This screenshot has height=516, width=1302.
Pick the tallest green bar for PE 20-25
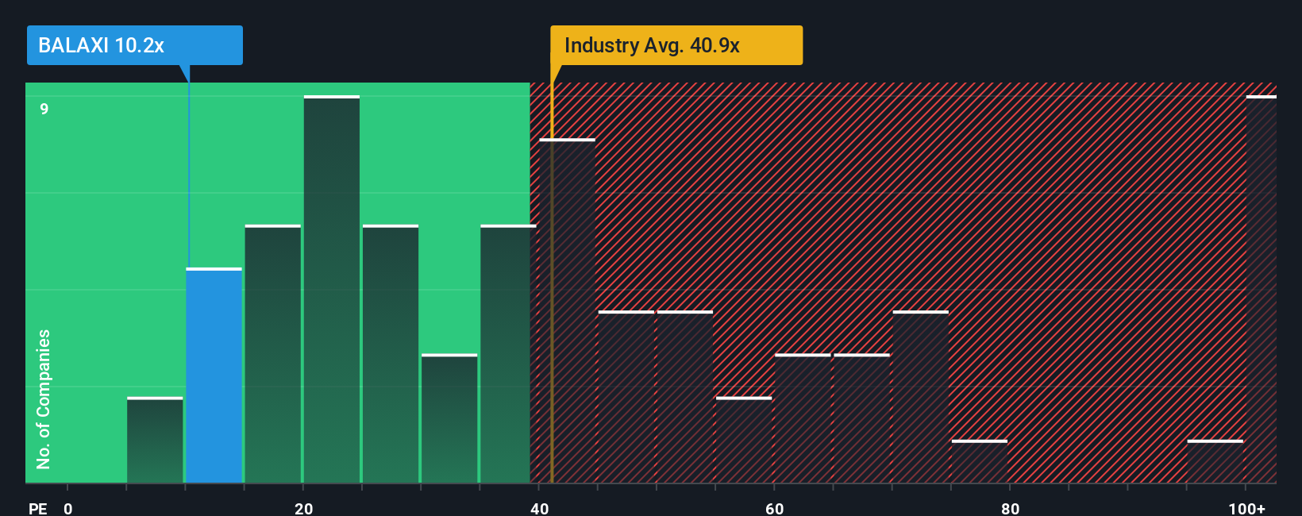pos(331,290)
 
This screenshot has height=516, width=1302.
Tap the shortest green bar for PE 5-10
pos(155,440)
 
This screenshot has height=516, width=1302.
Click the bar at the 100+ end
pos(1261,290)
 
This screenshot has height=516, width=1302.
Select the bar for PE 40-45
pos(567,311)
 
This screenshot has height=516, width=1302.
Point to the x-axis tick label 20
pos(303,508)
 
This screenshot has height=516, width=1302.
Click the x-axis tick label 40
pos(539,508)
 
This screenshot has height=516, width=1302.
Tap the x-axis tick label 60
pos(774,508)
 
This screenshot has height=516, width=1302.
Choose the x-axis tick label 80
pos(1010,508)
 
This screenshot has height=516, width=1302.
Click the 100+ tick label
pos(1246,508)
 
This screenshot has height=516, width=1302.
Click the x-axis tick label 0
pos(68,508)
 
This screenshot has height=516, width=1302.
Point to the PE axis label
pos(37,508)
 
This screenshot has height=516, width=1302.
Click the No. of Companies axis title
pos(44,399)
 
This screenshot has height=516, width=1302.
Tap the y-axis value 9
pos(44,109)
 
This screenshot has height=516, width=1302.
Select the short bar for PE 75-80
pos(979,461)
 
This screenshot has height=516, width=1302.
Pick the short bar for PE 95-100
pos(1215,461)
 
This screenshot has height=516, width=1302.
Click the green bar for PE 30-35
pos(449,418)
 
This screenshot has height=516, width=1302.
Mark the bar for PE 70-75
pos(920,397)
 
